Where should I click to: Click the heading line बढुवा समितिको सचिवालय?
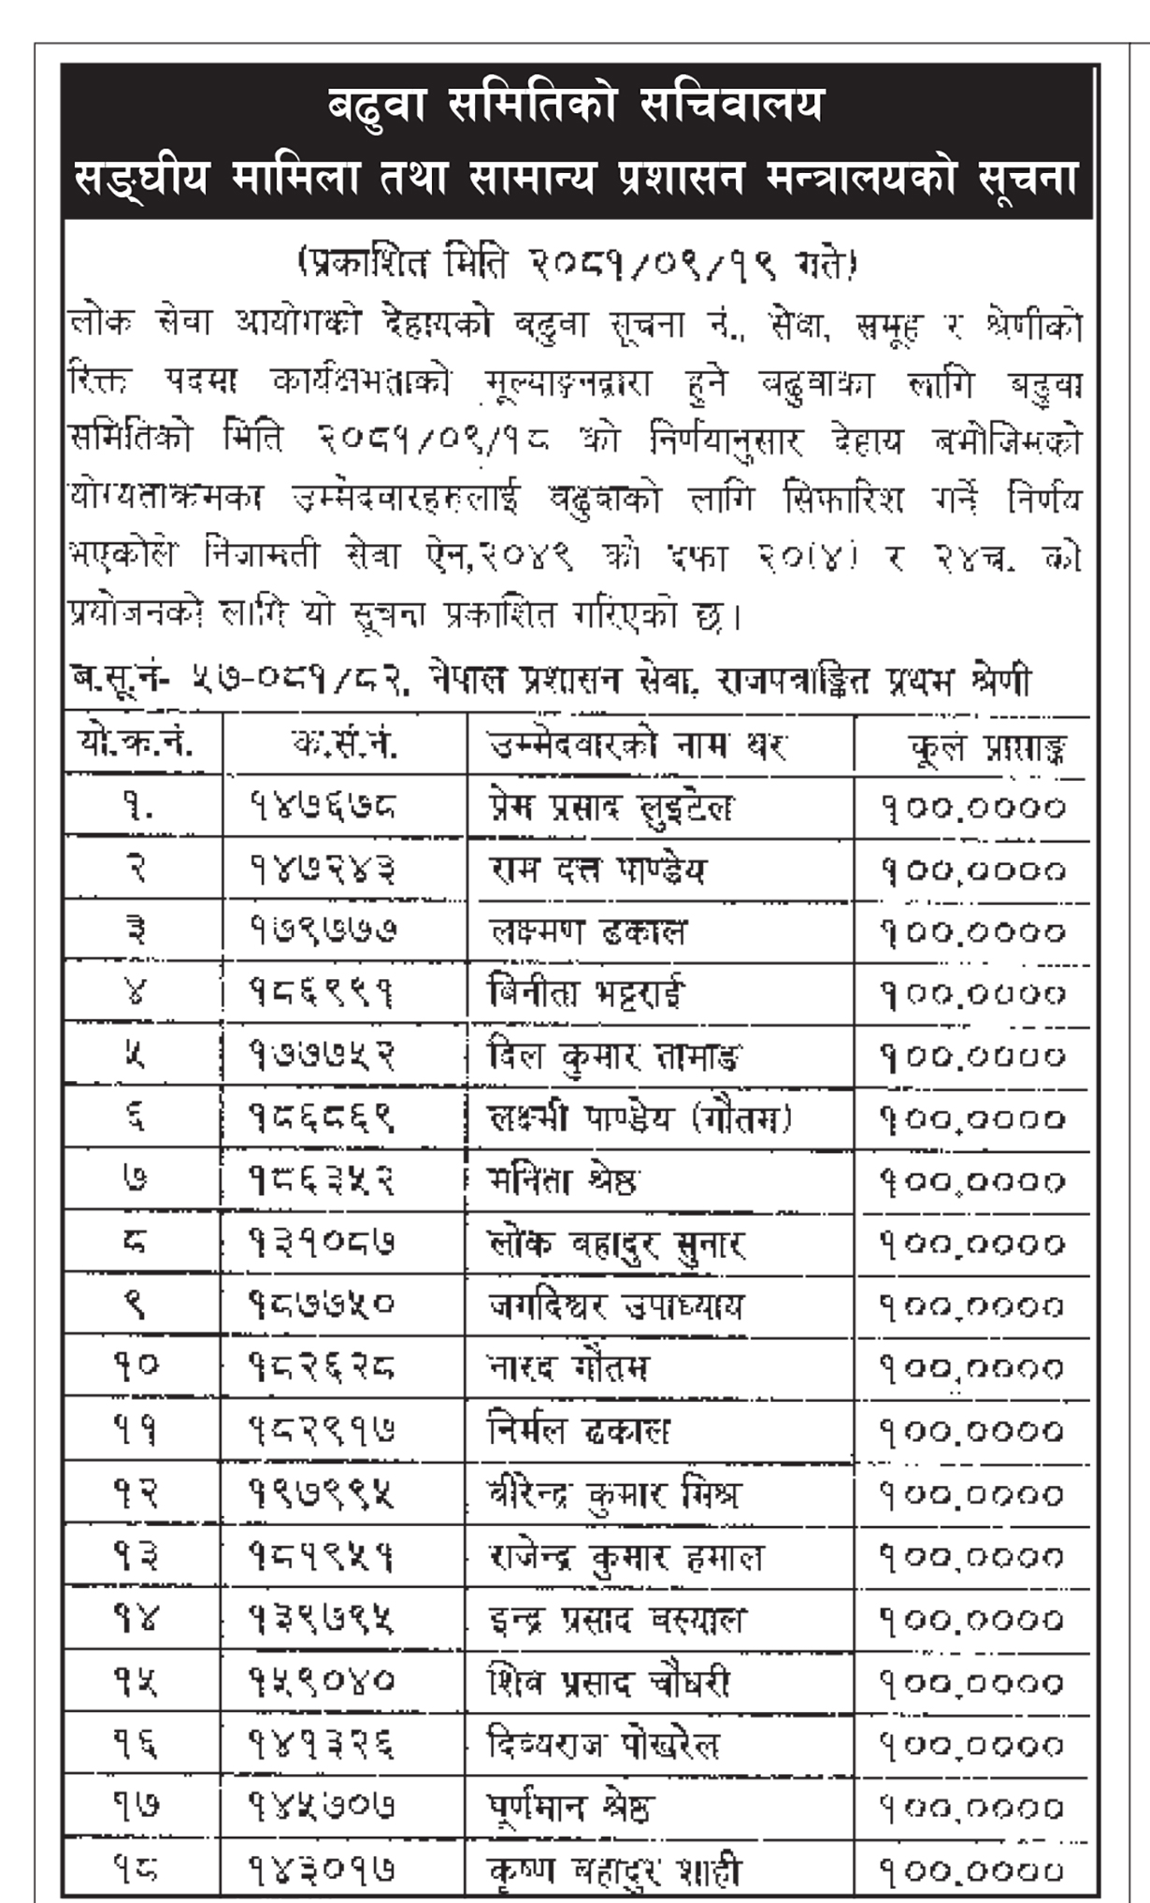point(575,105)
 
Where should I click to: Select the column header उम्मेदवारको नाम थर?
point(639,746)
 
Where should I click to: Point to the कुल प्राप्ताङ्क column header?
point(987,748)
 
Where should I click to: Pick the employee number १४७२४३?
point(322,871)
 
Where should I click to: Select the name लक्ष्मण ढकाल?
point(588,932)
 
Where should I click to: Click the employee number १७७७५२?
point(322,1057)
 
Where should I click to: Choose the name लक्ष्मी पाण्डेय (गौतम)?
point(640,1119)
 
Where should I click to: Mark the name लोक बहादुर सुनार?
point(617,1244)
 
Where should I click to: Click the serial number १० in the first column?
point(136,1366)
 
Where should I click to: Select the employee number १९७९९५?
point(322,1494)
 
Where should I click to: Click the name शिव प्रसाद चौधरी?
point(609,1683)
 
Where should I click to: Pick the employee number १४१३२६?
point(322,1744)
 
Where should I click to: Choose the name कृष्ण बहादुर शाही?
point(614,1869)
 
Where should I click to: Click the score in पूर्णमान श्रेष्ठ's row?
point(972,1807)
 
